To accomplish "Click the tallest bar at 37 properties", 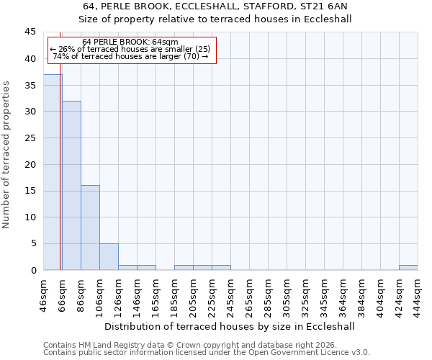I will tap(53, 172).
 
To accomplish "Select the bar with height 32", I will tap(71, 185).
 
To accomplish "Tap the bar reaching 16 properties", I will tap(90, 228).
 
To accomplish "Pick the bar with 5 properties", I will tap(109, 256).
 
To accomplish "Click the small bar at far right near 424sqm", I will tap(408, 267).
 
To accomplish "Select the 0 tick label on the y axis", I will tap(33, 270).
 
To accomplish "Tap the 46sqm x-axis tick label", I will tap(44, 294).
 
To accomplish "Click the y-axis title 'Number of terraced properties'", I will tap(7, 155).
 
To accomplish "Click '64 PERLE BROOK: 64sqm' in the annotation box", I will tap(130, 42).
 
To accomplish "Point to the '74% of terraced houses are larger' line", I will tap(130, 56).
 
